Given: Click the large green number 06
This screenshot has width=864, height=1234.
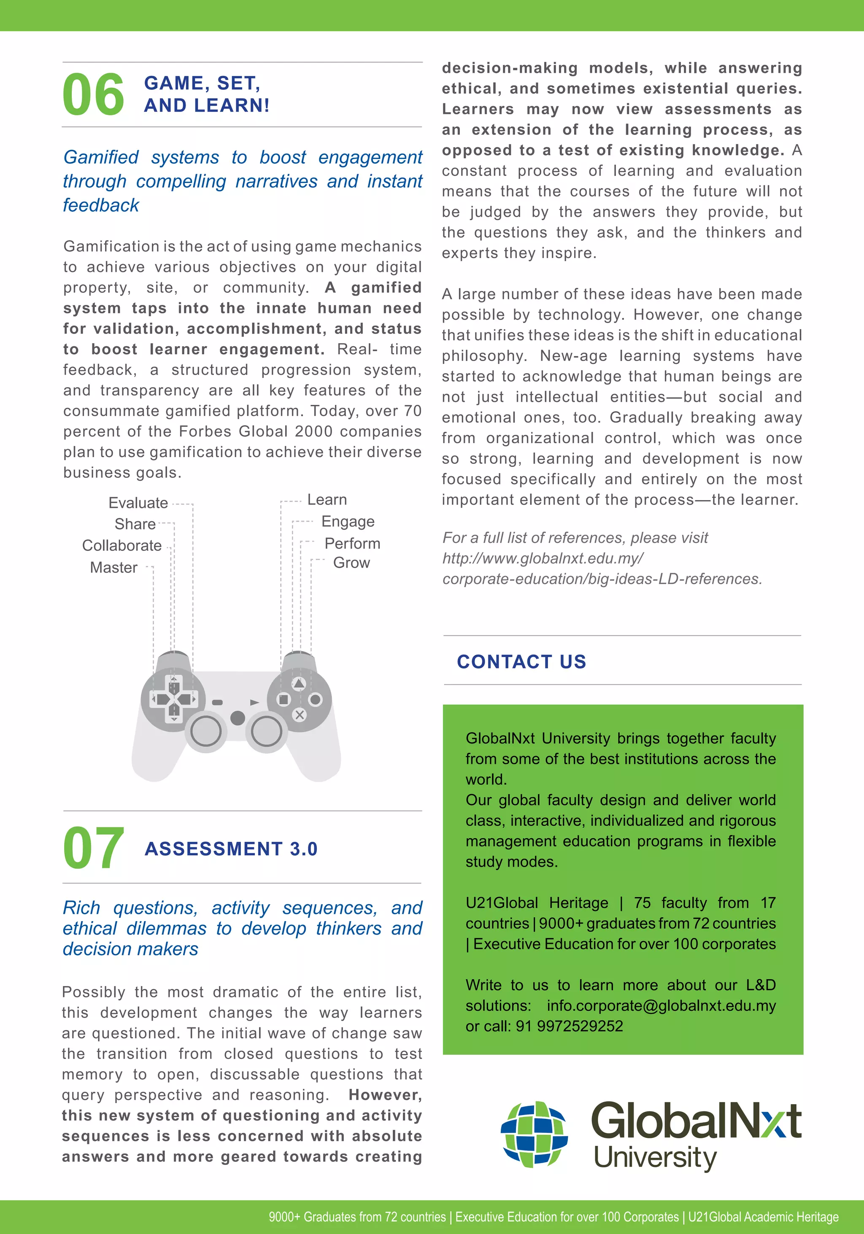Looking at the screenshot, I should click(x=93, y=95).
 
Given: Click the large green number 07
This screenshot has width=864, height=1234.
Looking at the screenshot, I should click(x=93, y=848).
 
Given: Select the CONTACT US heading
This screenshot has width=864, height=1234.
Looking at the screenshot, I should click(x=521, y=662).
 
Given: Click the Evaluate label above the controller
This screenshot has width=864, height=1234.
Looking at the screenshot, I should click(x=138, y=503).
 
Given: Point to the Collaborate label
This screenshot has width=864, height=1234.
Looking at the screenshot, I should click(x=121, y=546).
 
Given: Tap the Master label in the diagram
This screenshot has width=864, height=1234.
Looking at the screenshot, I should click(x=113, y=568).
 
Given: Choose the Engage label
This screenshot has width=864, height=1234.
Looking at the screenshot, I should click(x=348, y=521).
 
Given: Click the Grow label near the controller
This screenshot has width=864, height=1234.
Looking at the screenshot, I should click(x=351, y=563).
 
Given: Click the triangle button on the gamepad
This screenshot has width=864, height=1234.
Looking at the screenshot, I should click(x=299, y=684).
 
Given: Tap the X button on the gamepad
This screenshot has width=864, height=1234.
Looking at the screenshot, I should click(x=300, y=715).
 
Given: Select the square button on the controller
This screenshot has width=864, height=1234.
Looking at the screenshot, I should click(x=283, y=699).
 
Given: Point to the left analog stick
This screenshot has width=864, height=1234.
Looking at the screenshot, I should click(x=206, y=731).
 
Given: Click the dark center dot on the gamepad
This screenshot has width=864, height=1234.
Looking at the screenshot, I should click(x=237, y=717).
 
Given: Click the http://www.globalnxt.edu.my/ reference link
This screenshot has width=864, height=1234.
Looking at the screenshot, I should click(x=543, y=558).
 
